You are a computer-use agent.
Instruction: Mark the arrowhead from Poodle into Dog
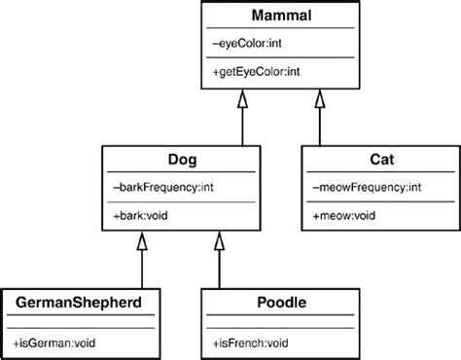pyautogui.click(x=219, y=241)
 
